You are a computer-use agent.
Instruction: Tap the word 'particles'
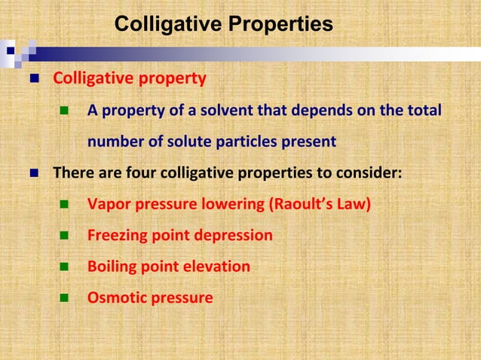tap(255, 142)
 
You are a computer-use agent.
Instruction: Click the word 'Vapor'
tap(109, 205)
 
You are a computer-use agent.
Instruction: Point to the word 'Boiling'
tap(112, 267)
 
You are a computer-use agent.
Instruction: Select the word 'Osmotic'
tap(115, 297)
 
